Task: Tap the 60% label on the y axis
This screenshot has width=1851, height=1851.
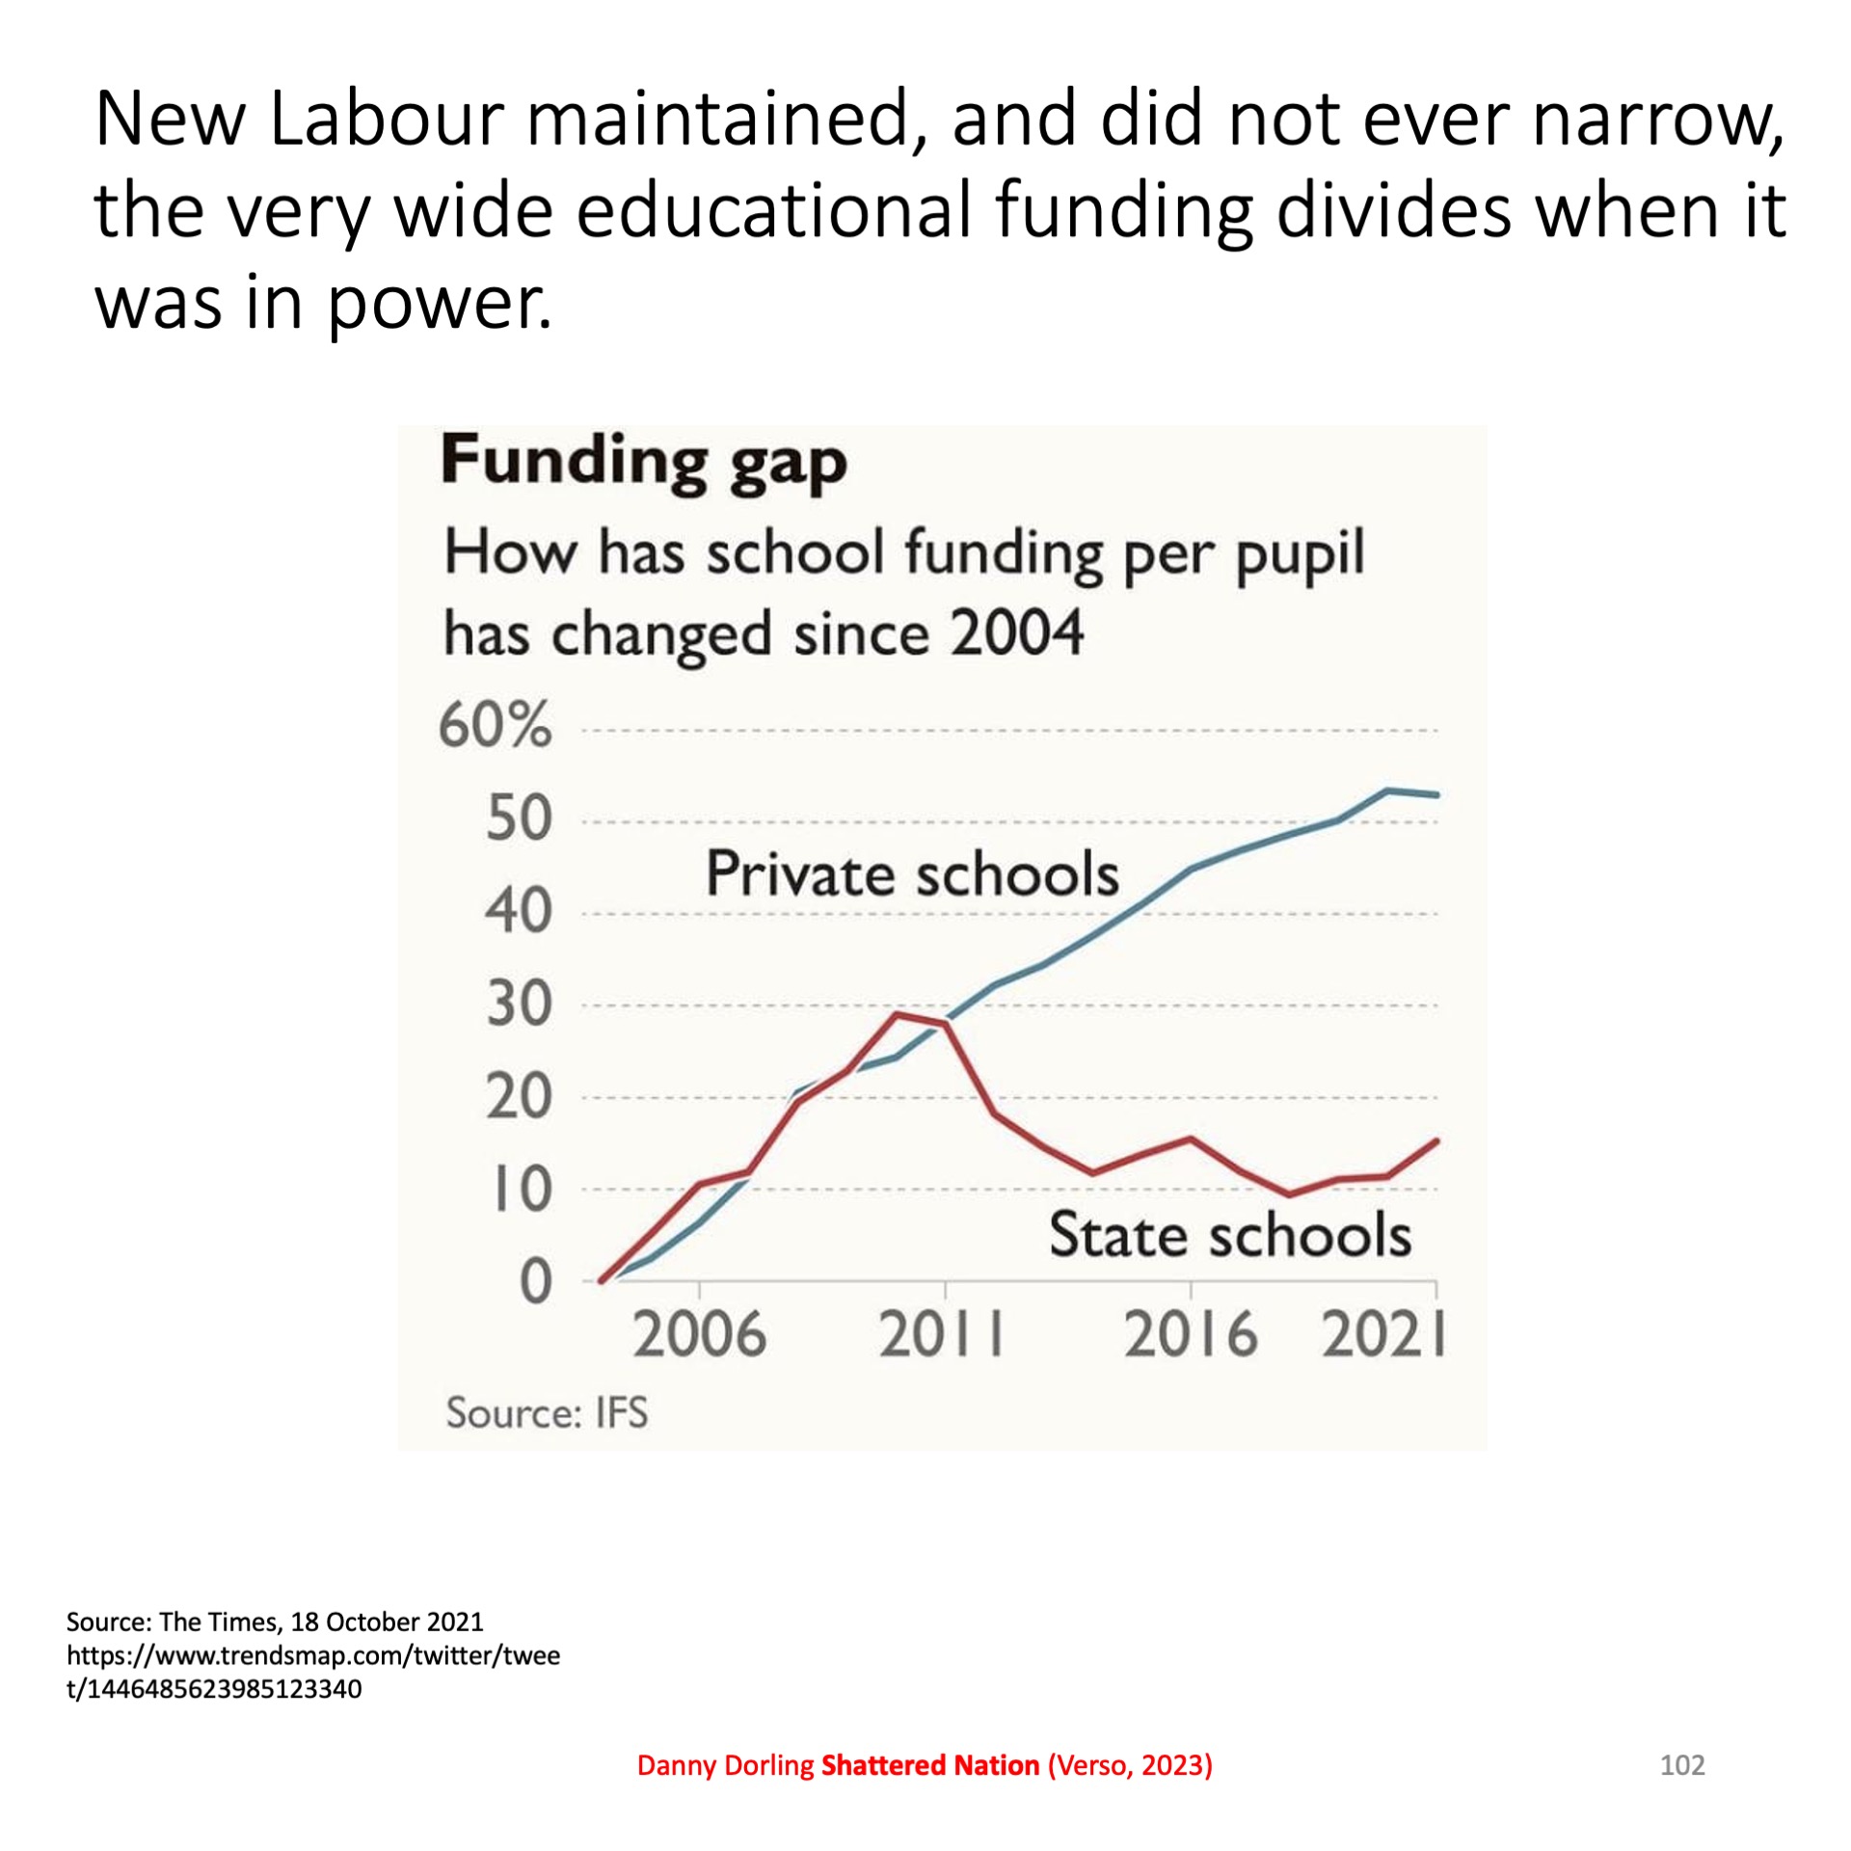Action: coord(496,725)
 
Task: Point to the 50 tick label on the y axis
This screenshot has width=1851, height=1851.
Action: coord(519,818)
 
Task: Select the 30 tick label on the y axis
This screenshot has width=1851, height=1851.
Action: coord(519,1005)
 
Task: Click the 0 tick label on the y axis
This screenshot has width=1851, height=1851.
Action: coord(535,1283)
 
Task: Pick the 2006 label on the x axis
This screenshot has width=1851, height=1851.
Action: coord(699,1335)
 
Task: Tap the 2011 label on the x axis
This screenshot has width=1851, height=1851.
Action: coord(942,1335)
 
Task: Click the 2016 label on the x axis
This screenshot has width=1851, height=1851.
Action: coord(1191,1335)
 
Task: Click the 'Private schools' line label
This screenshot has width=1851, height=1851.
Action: coord(912,874)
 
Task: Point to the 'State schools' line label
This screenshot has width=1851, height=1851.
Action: coord(1229,1235)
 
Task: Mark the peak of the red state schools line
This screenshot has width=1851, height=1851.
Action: coord(897,1014)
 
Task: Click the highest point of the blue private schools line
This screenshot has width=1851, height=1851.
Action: coord(1387,791)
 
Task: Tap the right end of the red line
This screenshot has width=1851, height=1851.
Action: coord(1436,1140)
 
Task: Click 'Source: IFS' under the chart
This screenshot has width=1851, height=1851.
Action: coord(547,1413)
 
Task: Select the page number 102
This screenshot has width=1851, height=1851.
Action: coord(1682,1765)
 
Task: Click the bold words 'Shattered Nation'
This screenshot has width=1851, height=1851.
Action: coord(929,1765)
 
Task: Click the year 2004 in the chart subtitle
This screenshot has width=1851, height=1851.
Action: coord(1016,633)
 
